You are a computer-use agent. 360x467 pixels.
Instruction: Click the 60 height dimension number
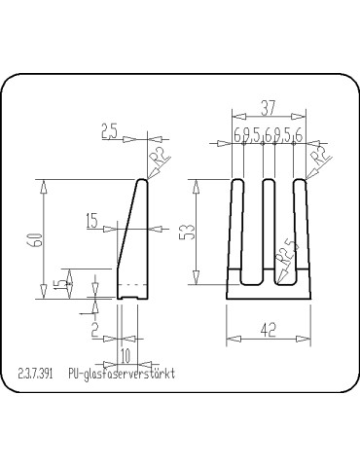pyautogui.click(x=37, y=240)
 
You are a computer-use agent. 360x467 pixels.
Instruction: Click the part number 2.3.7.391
pyautogui.click(x=36, y=373)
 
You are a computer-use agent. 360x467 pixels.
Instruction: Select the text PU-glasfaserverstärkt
pyautogui.click(x=121, y=373)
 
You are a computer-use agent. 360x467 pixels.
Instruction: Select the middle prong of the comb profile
pyautogui.click(x=270, y=229)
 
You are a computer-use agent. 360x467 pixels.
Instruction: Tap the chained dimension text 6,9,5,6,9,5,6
pyautogui.click(x=269, y=137)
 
